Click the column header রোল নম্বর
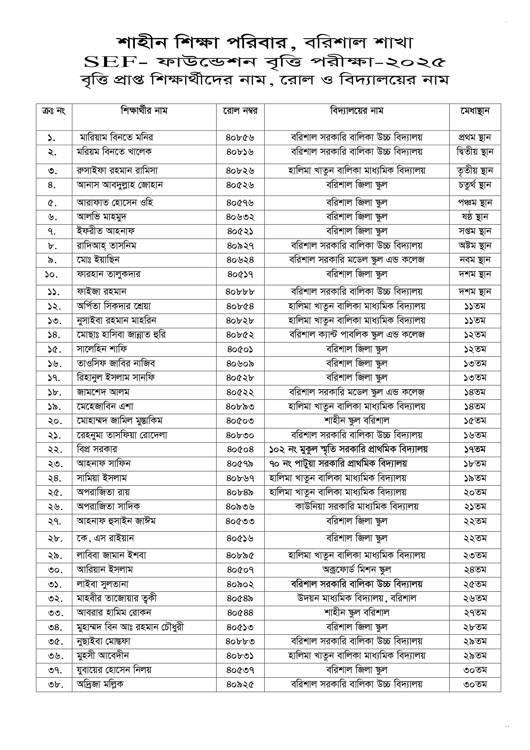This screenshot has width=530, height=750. (x=240, y=111)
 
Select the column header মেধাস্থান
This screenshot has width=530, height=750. (x=475, y=111)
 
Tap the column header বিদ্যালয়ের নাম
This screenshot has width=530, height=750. (x=357, y=111)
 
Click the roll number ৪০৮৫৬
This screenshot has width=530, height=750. (x=240, y=138)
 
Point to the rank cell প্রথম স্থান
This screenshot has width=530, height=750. (x=475, y=138)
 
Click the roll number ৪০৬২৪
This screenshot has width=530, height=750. (x=240, y=260)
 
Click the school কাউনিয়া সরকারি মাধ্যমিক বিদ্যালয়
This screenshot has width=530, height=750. (x=357, y=507)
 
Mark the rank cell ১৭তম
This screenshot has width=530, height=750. (x=475, y=450)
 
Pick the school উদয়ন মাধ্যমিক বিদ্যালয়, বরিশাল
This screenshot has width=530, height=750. (x=357, y=598)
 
